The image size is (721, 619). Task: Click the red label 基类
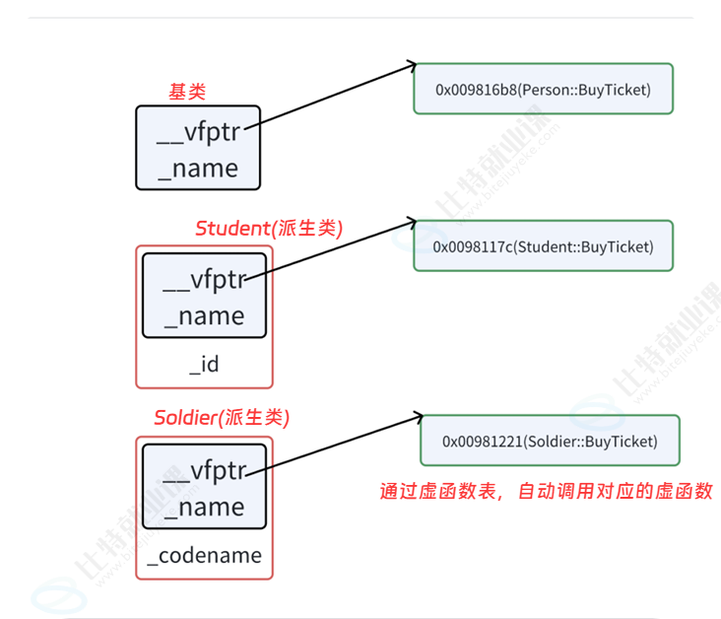tap(187, 92)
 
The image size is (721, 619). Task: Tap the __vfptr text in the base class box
tap(198, 135)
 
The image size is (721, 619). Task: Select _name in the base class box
tap(198, 168)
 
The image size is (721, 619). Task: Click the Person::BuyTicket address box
tap(543, 89)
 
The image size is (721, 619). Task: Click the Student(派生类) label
tap(268, 229)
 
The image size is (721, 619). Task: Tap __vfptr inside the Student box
tap(204, 281)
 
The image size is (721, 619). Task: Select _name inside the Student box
tap(204, 315)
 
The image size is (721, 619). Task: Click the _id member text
tap(204, 364)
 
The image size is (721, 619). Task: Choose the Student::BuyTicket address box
tap(543, 246)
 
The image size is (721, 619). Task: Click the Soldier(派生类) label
tap(220, 417)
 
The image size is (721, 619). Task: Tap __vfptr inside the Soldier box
tap(204, 471)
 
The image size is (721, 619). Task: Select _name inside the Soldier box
tap(204, 507)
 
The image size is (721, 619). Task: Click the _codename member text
tap(204, 555)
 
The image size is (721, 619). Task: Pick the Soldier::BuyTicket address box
tap(550, 441)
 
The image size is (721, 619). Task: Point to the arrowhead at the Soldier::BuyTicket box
tap(419, 418)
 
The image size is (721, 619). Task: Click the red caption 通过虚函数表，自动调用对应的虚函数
tap(546, 491)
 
